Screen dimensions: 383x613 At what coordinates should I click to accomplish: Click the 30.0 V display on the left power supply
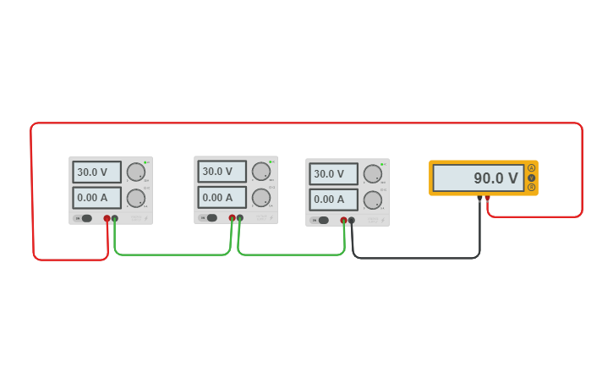[96, 172]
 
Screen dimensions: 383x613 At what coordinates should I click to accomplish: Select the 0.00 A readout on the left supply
[96, 198]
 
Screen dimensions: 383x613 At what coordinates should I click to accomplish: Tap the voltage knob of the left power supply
[136, 172]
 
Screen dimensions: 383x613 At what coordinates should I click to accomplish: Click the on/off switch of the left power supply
[86, 218]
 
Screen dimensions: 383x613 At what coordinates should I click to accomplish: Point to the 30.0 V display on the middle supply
[222, 172]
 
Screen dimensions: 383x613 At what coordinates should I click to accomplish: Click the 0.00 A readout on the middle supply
[222, 197]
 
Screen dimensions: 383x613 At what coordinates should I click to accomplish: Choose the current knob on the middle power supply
[261, 198]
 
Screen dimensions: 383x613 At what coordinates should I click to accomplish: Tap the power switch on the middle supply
[211, 217]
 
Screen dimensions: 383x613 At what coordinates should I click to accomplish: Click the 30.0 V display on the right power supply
[333, 174]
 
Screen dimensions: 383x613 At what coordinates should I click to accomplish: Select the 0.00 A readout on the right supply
[333, 200]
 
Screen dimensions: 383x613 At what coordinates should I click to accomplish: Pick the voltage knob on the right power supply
[373, 174]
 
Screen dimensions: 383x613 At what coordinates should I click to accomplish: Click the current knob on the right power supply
[373, 200]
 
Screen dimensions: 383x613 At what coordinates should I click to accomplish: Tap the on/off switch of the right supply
[323, 220]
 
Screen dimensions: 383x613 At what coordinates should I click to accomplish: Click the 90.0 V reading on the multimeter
[478, 178]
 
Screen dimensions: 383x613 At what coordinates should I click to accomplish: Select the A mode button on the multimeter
[532, 168]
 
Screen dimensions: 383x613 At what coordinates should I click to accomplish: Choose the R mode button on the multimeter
[532, 187]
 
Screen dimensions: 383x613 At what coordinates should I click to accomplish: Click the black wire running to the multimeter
[414, 257]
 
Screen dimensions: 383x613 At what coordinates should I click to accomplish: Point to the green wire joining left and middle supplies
[169, 254]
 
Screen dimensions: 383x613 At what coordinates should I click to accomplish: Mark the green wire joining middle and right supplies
[292, 254]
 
